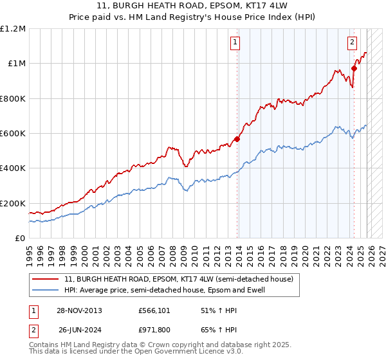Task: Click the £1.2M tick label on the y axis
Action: click(14, 29)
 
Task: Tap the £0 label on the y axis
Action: click(19, 239)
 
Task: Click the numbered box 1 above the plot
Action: click(235, 43)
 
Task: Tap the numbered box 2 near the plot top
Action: click(353, 43)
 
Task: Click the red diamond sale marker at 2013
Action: click(237, 139)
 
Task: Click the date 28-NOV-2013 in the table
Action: click(80, 310)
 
